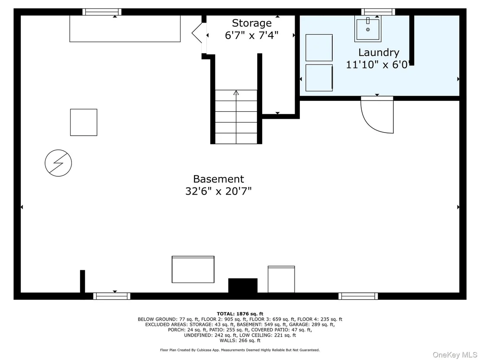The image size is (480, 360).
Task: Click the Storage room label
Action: click(x=252, y=23)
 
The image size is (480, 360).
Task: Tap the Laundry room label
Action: click(x=379, y=53)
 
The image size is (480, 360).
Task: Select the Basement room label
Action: click(x=219, y=179)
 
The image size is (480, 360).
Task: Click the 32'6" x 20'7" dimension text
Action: click(x=219, y=191)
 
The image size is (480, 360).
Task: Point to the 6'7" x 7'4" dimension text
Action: click(x=252, y=35)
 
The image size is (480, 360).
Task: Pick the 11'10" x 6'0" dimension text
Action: click(x=378, y=65)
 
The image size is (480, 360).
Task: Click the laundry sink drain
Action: click(x=368, y=30)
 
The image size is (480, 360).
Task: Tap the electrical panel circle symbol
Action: click(x=58, y=163)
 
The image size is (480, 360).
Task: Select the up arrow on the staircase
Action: click(x=236, y=92)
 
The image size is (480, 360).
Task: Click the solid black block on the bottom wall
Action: click(x=243, y=285)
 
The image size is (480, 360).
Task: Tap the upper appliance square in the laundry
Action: click(x=319, y=48)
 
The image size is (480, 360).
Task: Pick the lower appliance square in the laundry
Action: click(x=319, y=78)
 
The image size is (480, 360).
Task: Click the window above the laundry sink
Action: click(x=378, y=12)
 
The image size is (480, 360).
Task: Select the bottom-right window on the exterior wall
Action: click(x=358, y=296)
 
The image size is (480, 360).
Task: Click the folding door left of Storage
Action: click(x=197, y=32)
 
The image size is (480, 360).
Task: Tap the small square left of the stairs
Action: click(x=84, y=122)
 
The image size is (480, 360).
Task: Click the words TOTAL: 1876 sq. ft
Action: click(x=240, y=314)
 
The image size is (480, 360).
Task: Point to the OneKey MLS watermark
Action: click(x=455, y=355)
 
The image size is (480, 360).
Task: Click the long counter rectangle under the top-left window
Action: click(x=125, y=29)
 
